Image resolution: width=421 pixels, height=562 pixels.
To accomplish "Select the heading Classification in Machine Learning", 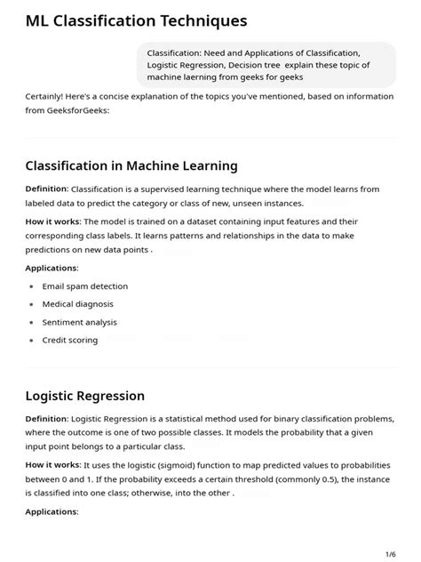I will tap(131, 165).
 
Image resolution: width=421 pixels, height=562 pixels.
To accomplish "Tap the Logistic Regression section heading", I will tap(85, 395).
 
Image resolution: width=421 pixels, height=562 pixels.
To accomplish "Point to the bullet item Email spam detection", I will tap(85, 286).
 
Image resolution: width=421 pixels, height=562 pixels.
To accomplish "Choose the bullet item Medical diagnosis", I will tap(79, 304).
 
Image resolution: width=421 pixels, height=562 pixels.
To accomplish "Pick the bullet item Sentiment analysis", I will tap(80, 322).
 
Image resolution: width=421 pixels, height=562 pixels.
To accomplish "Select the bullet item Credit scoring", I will tap(70, 340).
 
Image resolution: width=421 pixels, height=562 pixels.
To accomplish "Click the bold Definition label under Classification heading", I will tap(46, 189).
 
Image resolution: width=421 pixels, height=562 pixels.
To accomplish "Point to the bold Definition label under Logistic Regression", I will tap(46, 418).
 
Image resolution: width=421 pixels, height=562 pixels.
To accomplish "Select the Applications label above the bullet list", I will tap(52, 268).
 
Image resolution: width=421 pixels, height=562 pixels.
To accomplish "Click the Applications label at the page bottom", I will tap(52, 511).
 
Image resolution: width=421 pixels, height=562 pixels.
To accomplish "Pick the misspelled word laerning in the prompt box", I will tap(209, 76).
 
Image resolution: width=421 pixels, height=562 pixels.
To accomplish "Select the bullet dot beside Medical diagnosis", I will tap(30, 304).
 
